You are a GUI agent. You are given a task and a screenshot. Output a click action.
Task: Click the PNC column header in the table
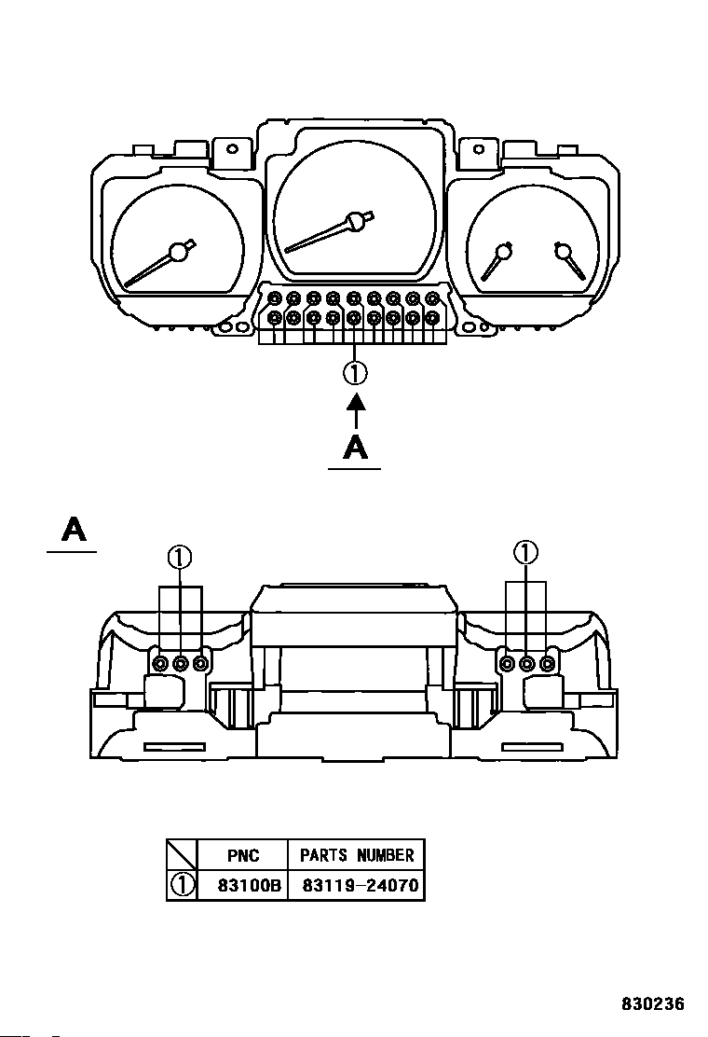(243, 855)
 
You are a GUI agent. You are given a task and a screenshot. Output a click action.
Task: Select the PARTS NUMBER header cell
(357, 855)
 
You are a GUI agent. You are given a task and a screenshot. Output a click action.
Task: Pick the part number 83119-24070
(360, 885)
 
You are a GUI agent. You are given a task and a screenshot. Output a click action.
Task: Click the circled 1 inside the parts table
(183, 885)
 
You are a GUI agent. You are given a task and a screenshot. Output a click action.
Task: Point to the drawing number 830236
(652, 1004)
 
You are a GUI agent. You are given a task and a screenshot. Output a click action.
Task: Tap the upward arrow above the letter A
(356, 412)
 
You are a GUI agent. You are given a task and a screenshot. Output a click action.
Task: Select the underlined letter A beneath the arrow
(355, 448)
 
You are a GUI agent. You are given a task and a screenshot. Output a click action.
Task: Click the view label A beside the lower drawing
(74, 530)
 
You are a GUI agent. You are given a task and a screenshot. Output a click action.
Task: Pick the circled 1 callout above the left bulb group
(179, 559)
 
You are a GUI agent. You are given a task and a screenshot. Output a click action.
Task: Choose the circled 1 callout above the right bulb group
(525, 552)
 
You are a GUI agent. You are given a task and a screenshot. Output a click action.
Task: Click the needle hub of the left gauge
(178, 252)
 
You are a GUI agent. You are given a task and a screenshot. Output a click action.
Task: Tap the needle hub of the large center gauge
(356, 222)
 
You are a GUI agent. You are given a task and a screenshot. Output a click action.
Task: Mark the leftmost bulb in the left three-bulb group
(160, 663)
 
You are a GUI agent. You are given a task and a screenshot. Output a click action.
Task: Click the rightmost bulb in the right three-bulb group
(546, 663)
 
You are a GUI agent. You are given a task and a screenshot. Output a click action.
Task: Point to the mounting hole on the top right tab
(478, 149)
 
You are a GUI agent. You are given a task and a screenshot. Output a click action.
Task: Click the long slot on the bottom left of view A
(174, 747)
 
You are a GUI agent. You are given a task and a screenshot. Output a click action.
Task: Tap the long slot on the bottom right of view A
(532, 747)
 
